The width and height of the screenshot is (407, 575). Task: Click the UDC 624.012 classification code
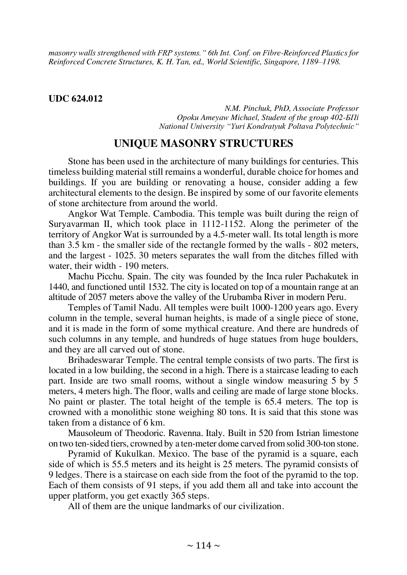(x=75, y=99)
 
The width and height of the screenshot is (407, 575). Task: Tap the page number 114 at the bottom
(x=203, y=546)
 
